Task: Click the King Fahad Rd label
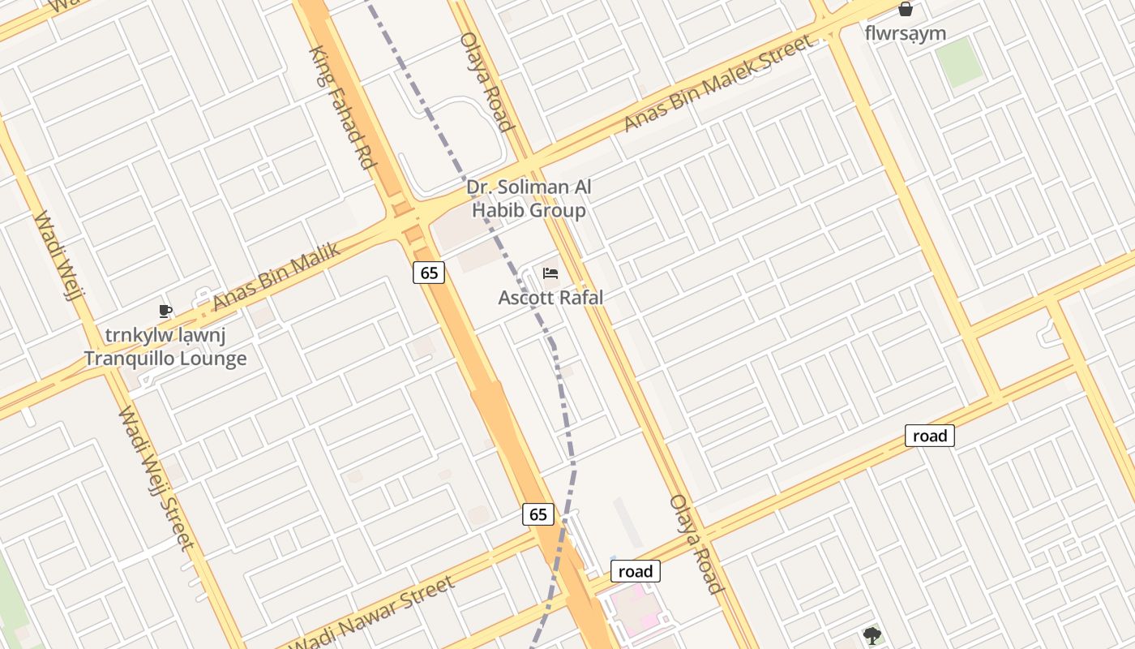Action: (x=345, y=107)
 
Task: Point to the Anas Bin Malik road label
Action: (x=276, y=276)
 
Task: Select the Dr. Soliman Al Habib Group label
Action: (x=529, y=199)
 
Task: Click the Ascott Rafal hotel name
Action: (x=550, y=298)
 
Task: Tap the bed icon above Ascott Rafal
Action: (x=550, y=273)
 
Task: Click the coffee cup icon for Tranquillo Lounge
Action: (x=165, y=311)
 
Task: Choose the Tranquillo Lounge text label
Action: (x=165, y=358)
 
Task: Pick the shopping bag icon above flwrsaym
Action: (x=906, y=10)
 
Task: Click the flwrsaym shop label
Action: (x=906, y=33)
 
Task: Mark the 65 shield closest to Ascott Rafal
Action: (x=429, y=273)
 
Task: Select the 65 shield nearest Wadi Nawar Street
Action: (x=538, y=514)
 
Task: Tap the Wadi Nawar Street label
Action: (x=372, y=613)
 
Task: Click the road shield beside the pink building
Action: (x=635, y=571)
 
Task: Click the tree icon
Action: (x=872, y=635)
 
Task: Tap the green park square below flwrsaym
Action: (x=959, y=62)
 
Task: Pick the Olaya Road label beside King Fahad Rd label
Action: (x=486, y=81)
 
